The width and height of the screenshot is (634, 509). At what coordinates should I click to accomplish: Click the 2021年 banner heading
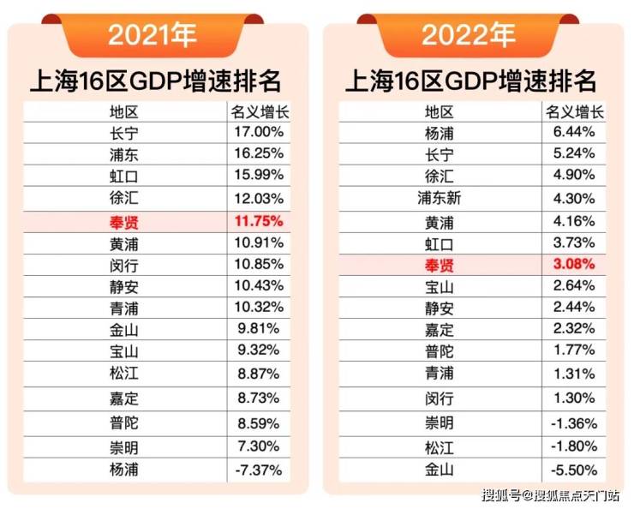pyautogui.click(x=152, y=35)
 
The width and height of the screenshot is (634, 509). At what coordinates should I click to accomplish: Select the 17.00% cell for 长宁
pyautogui.click(x=258, y=133)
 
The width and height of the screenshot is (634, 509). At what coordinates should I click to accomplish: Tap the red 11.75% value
pyautogui.click(x=257, y=222)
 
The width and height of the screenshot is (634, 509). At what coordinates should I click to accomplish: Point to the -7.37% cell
pyautogui.click(x=257, y=470)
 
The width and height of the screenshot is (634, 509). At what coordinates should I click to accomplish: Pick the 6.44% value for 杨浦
pyautogui.click(x=574, y=133)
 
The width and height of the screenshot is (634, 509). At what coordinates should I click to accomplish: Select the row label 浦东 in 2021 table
pyautogui.click(x=124, y=155)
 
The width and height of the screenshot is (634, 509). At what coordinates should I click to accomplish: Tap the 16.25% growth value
pyautogui.click(x=258, y=155)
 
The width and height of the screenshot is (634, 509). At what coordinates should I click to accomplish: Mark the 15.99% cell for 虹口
pyautogui.click(x=258, y=177)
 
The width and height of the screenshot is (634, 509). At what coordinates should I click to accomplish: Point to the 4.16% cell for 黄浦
pyautogui.click(x=574, y=221)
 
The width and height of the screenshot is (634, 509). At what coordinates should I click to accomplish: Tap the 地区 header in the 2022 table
pyautogui.click(x=440, y=111)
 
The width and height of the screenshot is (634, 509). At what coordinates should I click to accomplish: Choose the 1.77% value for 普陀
pyautogui.click(x=574, y=350)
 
